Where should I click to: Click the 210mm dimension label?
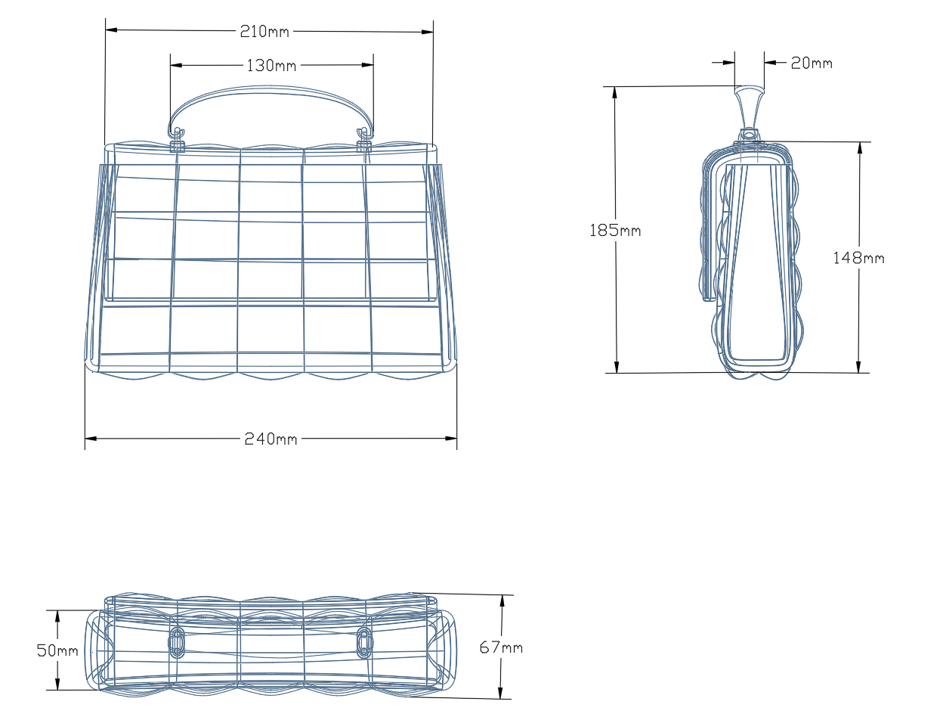[x=264, y=31]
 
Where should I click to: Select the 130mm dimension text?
[x=271, y=66]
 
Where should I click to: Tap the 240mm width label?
[x=271, y=439]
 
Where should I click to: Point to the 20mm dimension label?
[x=812, y=63]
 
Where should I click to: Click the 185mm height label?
[x=615, y=230]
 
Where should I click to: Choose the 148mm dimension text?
[x=858, y=258]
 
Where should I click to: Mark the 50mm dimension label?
[x=57, y=650]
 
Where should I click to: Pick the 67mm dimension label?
[x=501, y=647]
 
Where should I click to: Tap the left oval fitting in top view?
[x=178, y=642]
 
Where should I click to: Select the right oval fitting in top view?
[x=364, y=642]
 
